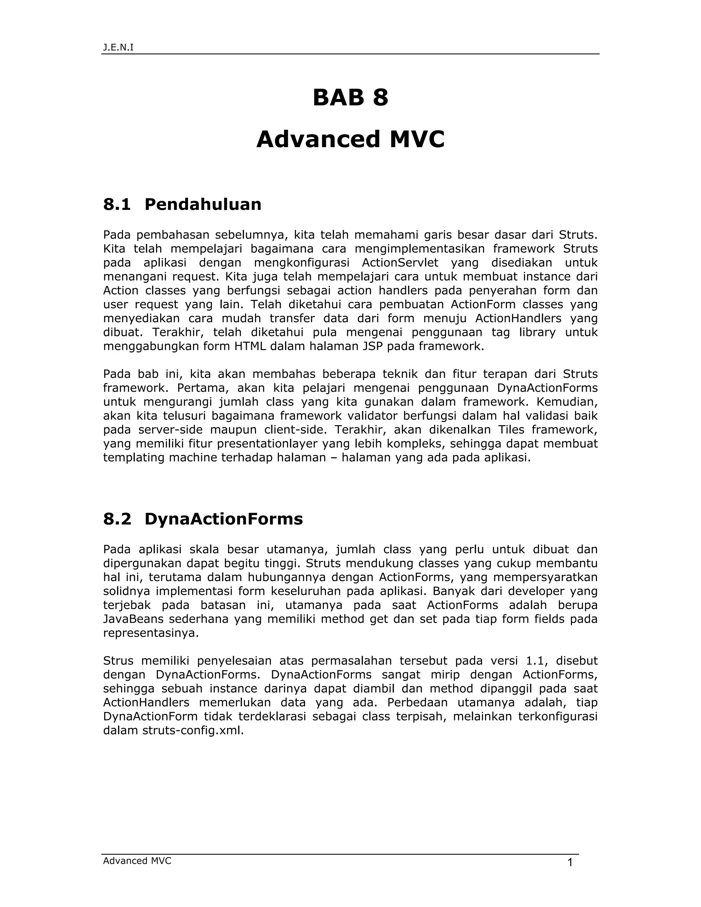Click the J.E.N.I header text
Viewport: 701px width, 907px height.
click(118, 47)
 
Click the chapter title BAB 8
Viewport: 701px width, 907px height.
click(350, 98)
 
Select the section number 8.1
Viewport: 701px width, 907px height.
click(117, 204)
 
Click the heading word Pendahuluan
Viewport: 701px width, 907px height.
click(203, 204)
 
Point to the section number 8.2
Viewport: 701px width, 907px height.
click(117, 519)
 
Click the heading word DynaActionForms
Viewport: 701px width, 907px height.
click(224, 519)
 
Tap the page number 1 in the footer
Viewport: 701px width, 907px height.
click(570, 863)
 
